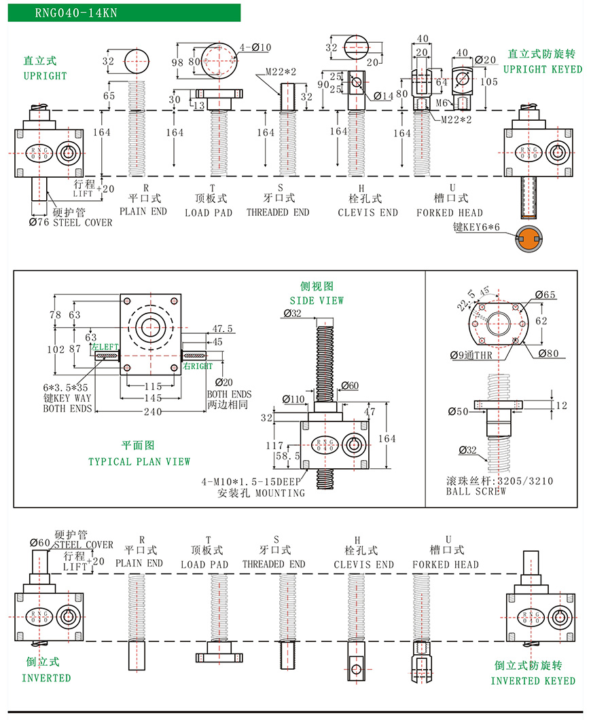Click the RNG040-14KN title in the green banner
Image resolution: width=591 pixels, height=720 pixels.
coord(66,12)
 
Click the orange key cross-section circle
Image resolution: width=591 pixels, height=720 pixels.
coord(529,236)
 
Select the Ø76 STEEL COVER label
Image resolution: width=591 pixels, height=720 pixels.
coord(71,222)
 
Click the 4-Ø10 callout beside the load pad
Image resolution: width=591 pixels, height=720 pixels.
coord(255,48)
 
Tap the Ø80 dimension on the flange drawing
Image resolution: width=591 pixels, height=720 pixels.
coord(548,353)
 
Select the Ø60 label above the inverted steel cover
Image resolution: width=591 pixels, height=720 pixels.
coord(40,542)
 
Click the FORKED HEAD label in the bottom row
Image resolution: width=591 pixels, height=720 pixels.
coord(446,564)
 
